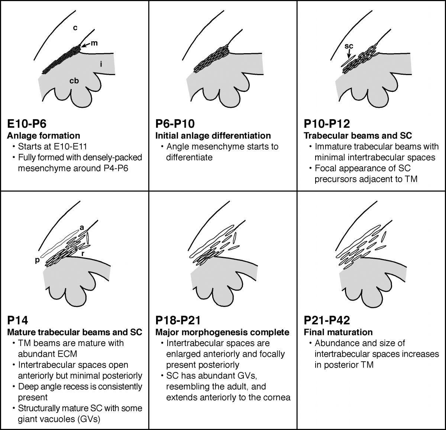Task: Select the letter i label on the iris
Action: click(101, 64)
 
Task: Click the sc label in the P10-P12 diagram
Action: click(349, 46)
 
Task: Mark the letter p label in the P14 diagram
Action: click(37, 260)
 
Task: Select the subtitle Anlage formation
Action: click(43, 135)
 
